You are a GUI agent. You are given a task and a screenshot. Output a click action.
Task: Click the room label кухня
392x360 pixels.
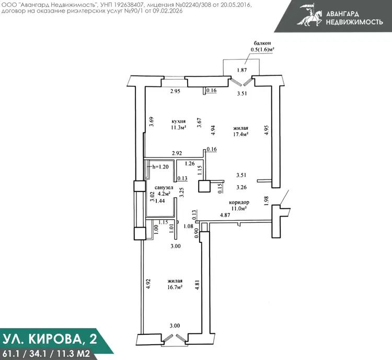(x=178, y=121)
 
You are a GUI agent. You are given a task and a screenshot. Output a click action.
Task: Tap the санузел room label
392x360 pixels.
(x=164, y=187)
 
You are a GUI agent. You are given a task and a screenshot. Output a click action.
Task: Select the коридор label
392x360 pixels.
(x=239, y=203)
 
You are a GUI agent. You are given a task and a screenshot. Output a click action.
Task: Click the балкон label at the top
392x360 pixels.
(x=262, y=43)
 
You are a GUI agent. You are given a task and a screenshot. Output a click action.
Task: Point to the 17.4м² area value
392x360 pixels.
(x=240, y=134)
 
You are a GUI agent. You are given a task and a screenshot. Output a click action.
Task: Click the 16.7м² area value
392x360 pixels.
(x=175, y=287)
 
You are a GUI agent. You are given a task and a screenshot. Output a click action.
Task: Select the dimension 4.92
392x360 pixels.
(x=148, y=284)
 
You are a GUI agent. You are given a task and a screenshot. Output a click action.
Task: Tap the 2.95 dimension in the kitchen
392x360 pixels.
(x=175, y=91)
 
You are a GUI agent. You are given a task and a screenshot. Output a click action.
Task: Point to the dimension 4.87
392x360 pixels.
(x=225, y=215)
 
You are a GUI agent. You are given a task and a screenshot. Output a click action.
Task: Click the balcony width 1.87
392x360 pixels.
(x=242, y=70)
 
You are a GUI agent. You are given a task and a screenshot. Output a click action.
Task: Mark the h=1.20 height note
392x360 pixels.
(x=160, y=167)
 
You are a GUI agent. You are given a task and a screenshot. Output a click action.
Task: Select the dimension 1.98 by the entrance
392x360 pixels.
(x=266, y=201)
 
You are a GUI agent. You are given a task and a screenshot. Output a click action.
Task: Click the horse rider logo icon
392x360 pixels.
(x=309, y=15)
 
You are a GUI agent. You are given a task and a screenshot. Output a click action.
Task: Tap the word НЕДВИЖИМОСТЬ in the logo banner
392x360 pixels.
(x=354, y=22)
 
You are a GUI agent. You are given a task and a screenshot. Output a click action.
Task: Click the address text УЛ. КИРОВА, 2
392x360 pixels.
(x=50, y=339)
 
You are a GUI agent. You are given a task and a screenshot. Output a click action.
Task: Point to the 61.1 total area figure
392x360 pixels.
(x=10, y=354)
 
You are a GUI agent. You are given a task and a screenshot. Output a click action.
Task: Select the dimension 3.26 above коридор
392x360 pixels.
(x=241, y=187)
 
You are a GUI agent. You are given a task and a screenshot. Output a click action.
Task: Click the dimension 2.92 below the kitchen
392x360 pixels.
(x=177, y=153)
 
